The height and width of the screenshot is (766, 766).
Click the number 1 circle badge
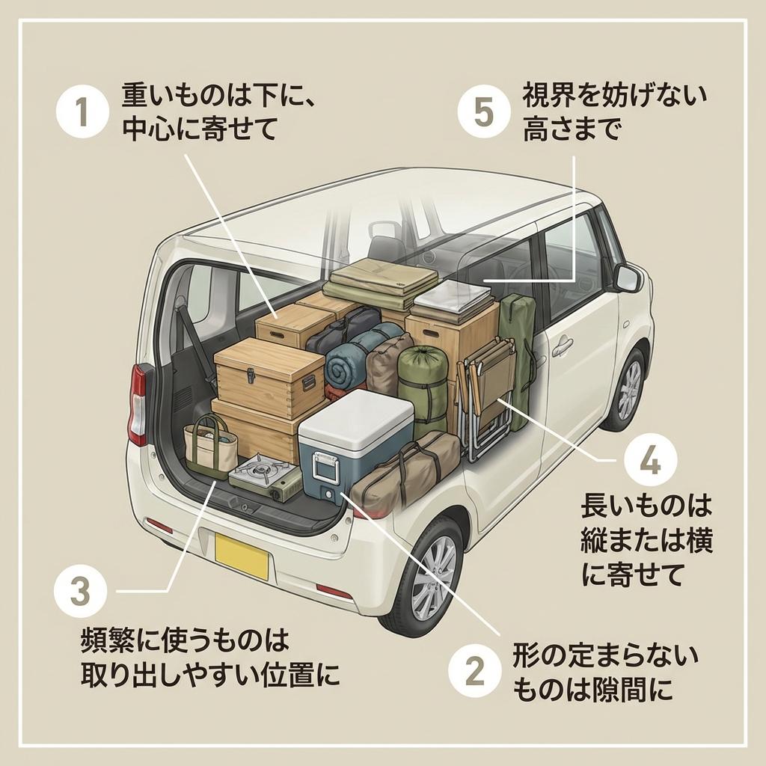point(83,113)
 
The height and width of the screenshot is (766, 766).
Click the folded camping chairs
point(491,396)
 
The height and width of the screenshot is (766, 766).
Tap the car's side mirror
point(627,278)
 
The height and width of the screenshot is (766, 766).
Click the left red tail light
point(138,404)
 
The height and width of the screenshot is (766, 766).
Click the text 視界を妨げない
point(613,96)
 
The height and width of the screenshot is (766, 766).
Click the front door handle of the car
point(562,346)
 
